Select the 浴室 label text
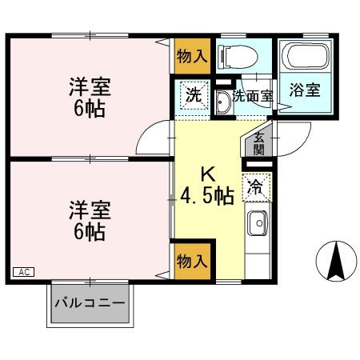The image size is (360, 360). coord(306,90)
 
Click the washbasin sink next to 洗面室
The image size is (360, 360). coord(222,102)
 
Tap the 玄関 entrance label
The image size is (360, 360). coord(259,142)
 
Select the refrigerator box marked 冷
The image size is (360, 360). coord(257,188)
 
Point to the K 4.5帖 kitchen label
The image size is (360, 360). coord(207,186)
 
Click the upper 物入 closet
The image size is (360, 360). coord(192,55)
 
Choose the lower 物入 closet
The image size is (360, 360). coord(192,261)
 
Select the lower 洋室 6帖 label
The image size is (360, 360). coord(89,221)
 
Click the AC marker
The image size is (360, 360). coord(23,272)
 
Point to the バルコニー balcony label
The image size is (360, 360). coord(90,304)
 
